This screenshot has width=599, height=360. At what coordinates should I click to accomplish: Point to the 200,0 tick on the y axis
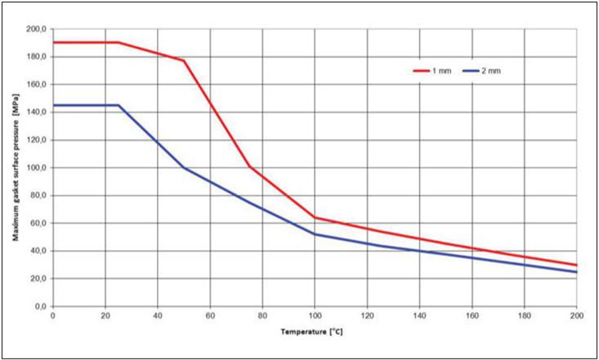point(35,29)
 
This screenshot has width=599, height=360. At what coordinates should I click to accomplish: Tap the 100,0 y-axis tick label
point(35,168)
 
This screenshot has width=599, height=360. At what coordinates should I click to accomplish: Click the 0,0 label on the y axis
point(39,306)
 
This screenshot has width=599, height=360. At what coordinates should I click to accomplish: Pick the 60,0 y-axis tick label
point(37,223)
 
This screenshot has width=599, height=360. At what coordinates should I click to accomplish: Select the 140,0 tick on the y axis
point(35,112)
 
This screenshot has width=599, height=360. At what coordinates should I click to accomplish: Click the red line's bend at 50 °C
point(184,61)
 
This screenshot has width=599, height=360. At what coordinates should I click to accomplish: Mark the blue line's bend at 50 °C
point(184,168)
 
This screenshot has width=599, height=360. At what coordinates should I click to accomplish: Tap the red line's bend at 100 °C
point(314,217)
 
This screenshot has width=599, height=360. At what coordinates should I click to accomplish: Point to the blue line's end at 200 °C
point(576,272)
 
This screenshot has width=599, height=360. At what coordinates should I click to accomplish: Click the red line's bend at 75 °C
point(249,166)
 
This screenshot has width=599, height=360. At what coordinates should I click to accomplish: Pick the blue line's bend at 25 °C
point(118,105)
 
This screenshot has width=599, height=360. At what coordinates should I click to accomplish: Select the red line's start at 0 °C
point(53,42)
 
